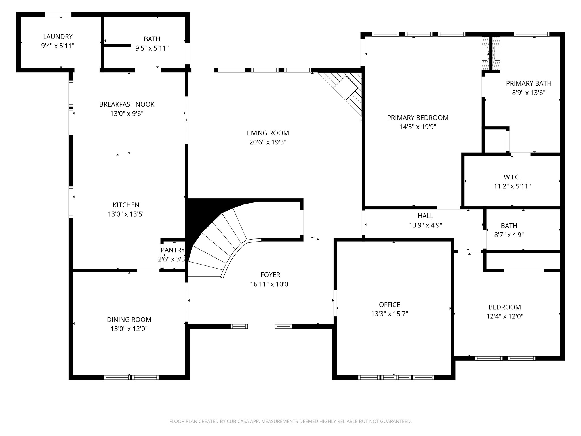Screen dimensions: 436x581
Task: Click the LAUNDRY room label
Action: tap(58, 37)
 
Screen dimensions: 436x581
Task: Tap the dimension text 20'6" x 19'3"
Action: tap(268, 142)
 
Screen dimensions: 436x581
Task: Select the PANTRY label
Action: tap(172, 250)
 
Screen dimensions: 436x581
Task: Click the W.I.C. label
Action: tap(512, 177)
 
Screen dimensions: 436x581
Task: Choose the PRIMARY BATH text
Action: tap(529, 83)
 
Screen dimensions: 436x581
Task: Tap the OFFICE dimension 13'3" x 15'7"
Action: tap(390, 314)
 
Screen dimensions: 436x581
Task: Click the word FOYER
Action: tap(270, 275)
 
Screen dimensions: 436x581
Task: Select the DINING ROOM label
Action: tap(129, 320)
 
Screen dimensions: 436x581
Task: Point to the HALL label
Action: tap(425, 216)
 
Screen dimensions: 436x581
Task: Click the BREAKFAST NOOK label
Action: tap(127, 104)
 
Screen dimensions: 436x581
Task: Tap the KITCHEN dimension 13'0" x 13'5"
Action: tap(126, 214)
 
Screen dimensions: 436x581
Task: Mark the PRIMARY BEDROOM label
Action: tap(418, 118)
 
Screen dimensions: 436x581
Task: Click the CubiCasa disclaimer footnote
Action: tap(290, 421)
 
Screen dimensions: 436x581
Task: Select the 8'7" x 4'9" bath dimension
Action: tap(509, 235)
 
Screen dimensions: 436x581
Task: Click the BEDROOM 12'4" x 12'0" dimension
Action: tap(505, 316)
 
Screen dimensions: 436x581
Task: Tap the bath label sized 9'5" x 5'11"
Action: tap(152, 39)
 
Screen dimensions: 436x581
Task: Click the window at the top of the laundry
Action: tap(58, 15)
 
